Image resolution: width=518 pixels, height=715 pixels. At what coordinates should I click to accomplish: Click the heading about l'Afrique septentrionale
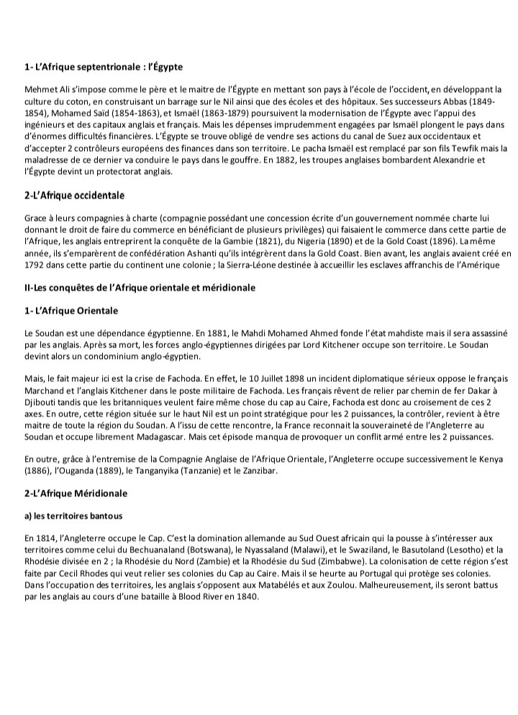click(x=104, y=67)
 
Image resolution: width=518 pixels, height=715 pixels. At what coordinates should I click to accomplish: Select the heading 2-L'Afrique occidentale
click(x=75, y=196)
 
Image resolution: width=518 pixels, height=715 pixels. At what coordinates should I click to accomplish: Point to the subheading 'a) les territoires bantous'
click(x=74, y=516)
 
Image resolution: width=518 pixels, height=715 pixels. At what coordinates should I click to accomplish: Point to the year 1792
click(x=35, y=265)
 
